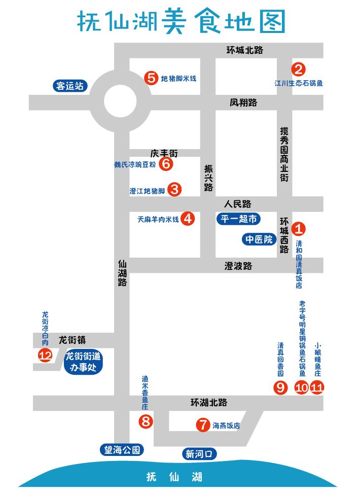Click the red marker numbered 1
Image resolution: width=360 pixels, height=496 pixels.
pos(300,228)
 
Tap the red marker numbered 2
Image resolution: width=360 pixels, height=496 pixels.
pos(299,69)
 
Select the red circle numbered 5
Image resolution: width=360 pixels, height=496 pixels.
pos(151,78)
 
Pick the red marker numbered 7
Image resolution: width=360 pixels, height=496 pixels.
pos(203,425)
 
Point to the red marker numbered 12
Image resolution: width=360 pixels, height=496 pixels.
pos(46,356)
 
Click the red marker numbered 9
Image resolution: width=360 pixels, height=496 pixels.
pos(280,387)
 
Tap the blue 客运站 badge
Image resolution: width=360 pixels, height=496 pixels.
pos(70,86)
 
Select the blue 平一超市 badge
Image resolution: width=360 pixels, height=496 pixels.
pos(239,219)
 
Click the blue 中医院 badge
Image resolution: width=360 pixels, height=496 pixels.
pos(259,239)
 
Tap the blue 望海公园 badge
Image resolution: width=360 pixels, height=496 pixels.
pos(122,449)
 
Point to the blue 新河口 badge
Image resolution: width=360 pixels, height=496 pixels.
pos(199,454)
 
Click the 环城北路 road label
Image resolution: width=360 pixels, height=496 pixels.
pos(245,50)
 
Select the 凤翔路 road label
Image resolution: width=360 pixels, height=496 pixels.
pos(243,102)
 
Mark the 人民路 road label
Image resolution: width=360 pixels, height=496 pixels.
pos(238,204)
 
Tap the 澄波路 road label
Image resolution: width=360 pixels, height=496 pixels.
pos(238,266)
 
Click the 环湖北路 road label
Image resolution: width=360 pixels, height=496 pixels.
pos(209,402)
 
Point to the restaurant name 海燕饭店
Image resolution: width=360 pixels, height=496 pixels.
pos(226,426)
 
